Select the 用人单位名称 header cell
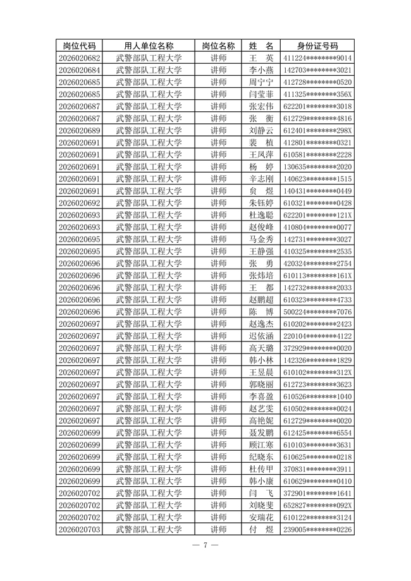(x=149, y=46)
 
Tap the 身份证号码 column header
(x=317, y=46)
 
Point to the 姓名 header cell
(x=261, y=46)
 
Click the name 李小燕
(x=261, y=70)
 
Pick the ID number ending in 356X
(x=317, y=94)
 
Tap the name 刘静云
(x=261, y=130)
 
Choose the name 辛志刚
(x=261, y=179)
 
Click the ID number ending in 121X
(x=317, y=215)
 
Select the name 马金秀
(x=261, y=239)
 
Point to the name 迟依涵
(x=261, y=336)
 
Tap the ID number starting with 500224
(x=317, y=312)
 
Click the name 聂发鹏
(x=261, y=432)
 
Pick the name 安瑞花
(x=261, y=517)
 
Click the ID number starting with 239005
(x=317, y=529)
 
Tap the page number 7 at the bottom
(x=205, y=546)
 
